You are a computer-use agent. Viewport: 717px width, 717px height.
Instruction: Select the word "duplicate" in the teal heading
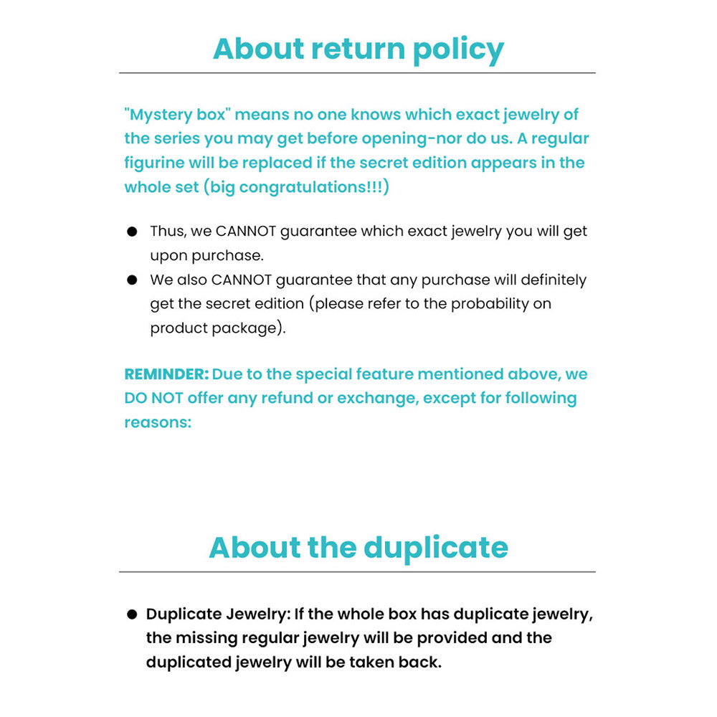(x=436, y=548)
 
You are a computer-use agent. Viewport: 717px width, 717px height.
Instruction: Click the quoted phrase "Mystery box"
(x=176, y=115)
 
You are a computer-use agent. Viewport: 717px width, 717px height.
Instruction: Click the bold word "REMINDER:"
(x=166, y=374)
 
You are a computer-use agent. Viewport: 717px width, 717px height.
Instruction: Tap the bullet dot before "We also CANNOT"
(x=132, y=280)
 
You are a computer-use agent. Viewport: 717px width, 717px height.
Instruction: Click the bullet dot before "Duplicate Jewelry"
(x=132, y=614)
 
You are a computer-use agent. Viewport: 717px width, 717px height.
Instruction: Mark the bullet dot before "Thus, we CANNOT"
(x=132, y=232)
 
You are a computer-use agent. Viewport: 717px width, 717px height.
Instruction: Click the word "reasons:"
(x=158, y=422)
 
